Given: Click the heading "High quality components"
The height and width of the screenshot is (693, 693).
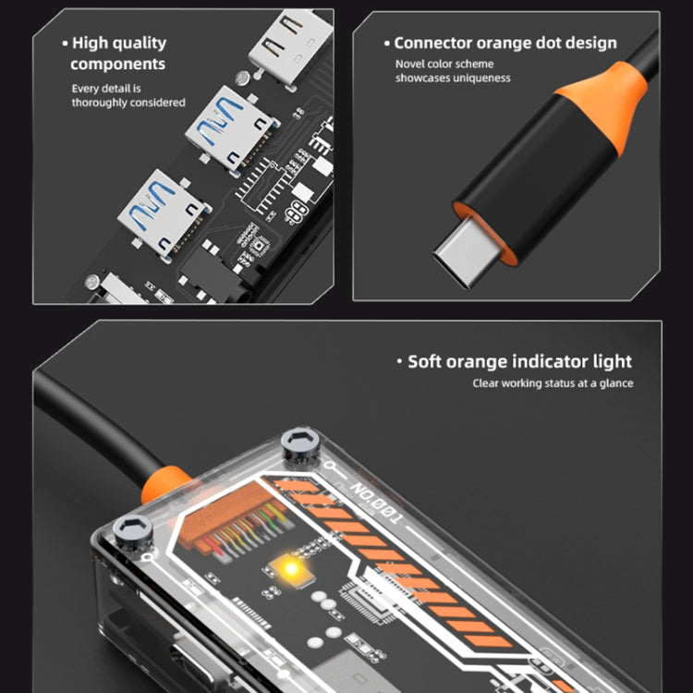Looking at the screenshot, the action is click(x=118, y=54).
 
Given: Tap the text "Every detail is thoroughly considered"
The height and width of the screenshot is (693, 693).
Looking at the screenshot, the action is click(x=128, y=95).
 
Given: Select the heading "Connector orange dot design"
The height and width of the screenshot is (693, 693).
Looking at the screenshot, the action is click(x=500, y=43).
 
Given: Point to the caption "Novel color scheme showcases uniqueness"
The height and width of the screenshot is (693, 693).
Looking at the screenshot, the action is click(x=453, y=71).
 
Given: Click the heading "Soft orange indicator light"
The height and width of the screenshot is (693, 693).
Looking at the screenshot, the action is click(x=515, y=361).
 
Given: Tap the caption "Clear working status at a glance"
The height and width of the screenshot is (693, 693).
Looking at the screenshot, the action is click(x=553, y=383).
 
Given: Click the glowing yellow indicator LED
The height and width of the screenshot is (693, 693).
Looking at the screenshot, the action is click(x=291, y=568).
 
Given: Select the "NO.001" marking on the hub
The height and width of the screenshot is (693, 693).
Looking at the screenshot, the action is click(x=377, y=503).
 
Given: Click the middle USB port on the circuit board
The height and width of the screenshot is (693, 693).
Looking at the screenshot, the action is click(x=231, y=128).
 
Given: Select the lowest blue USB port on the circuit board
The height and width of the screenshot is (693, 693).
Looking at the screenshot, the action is click(x=164, y=213).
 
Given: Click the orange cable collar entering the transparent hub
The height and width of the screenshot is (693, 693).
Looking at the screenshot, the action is click(x=164, y=484).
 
